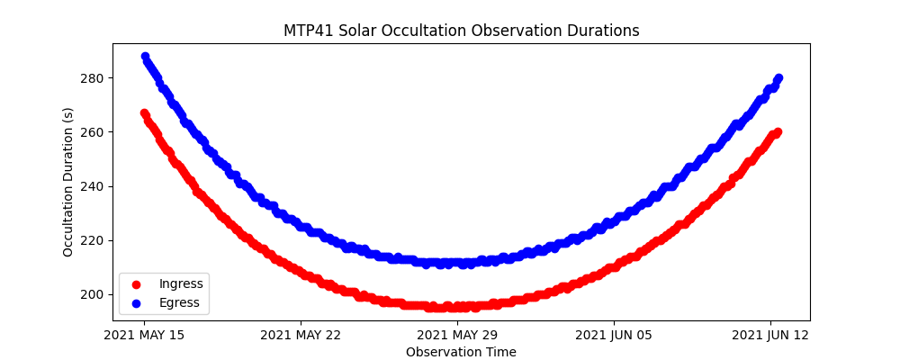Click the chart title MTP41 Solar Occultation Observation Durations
461,31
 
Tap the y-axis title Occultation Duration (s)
68,182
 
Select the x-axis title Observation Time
461,352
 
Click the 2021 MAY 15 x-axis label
144,335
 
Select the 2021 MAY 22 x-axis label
301,335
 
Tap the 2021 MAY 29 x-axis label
457,335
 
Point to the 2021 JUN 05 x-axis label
614,335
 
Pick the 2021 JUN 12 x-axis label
770,335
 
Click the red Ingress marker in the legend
136,284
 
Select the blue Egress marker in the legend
136,303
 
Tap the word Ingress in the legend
181,284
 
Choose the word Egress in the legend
179,303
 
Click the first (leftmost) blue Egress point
145,57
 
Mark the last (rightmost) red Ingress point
778,132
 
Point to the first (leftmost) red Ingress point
145,113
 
